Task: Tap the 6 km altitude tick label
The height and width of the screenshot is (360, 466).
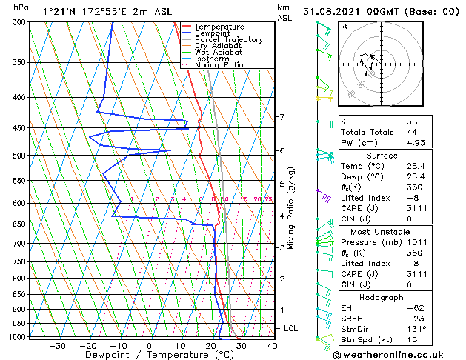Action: pyautogui.click(x=282, y=150)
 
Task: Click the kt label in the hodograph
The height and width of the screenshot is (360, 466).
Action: pyautogui.click(x=344, y=27)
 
